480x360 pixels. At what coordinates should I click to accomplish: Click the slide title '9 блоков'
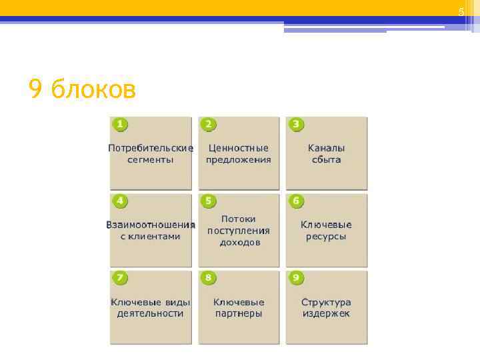coord(82,88)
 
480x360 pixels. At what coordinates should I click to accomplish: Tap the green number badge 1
coord(119,125)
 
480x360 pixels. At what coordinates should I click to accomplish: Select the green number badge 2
coord(208,125)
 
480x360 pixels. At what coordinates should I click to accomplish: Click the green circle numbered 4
coord(119,201)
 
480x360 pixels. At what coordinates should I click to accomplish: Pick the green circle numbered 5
coord(208,201)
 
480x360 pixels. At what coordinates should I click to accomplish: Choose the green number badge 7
coord(119,277)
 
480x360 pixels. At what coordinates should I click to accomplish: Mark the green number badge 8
coord(208,277)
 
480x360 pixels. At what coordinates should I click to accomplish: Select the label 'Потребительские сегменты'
coord(151,154)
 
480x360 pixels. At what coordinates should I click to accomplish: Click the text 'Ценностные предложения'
coord(239,154)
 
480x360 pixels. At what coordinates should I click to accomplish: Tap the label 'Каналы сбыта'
coord(327,154)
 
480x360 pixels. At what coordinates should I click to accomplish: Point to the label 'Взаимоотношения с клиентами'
coord(151,231)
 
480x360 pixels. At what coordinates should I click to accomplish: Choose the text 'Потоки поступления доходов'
coord(239,231)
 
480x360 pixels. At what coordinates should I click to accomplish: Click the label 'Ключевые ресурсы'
coord(327,231)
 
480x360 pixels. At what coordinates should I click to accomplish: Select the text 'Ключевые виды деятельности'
coord(151,308)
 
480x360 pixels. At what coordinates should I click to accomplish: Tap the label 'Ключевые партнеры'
coord(239,308)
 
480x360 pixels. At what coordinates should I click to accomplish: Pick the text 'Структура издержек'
coord(327,308)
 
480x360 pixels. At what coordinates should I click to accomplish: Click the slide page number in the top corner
coord(461,13)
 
